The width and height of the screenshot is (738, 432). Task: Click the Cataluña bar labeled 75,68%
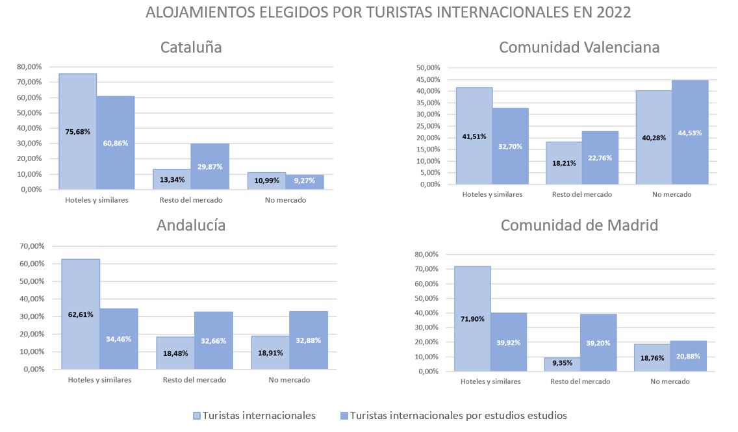(x=77, y=131)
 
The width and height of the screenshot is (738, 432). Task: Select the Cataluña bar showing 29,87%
(x=210, y=166)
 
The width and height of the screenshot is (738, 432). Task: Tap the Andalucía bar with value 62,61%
(x=81, y=314)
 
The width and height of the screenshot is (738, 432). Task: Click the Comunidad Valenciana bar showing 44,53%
(x=690, y=133)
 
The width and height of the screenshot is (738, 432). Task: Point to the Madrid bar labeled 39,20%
(x=598, y=343)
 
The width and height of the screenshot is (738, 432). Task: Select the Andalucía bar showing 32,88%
(x=309, y=340)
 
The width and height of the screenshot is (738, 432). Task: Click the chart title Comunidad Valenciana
(x=579, y=47)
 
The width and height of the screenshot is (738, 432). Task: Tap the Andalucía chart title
(x=191, y=225)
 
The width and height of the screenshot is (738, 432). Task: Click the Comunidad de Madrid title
(x=579, y=225)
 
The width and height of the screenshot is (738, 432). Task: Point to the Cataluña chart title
(x=191, y=47)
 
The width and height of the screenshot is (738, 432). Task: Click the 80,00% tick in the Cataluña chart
(x=29, y=67)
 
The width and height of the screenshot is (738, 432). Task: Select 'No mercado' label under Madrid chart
(x=670, y=381)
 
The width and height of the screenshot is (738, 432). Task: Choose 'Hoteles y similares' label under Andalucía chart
(x=99, y=380)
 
